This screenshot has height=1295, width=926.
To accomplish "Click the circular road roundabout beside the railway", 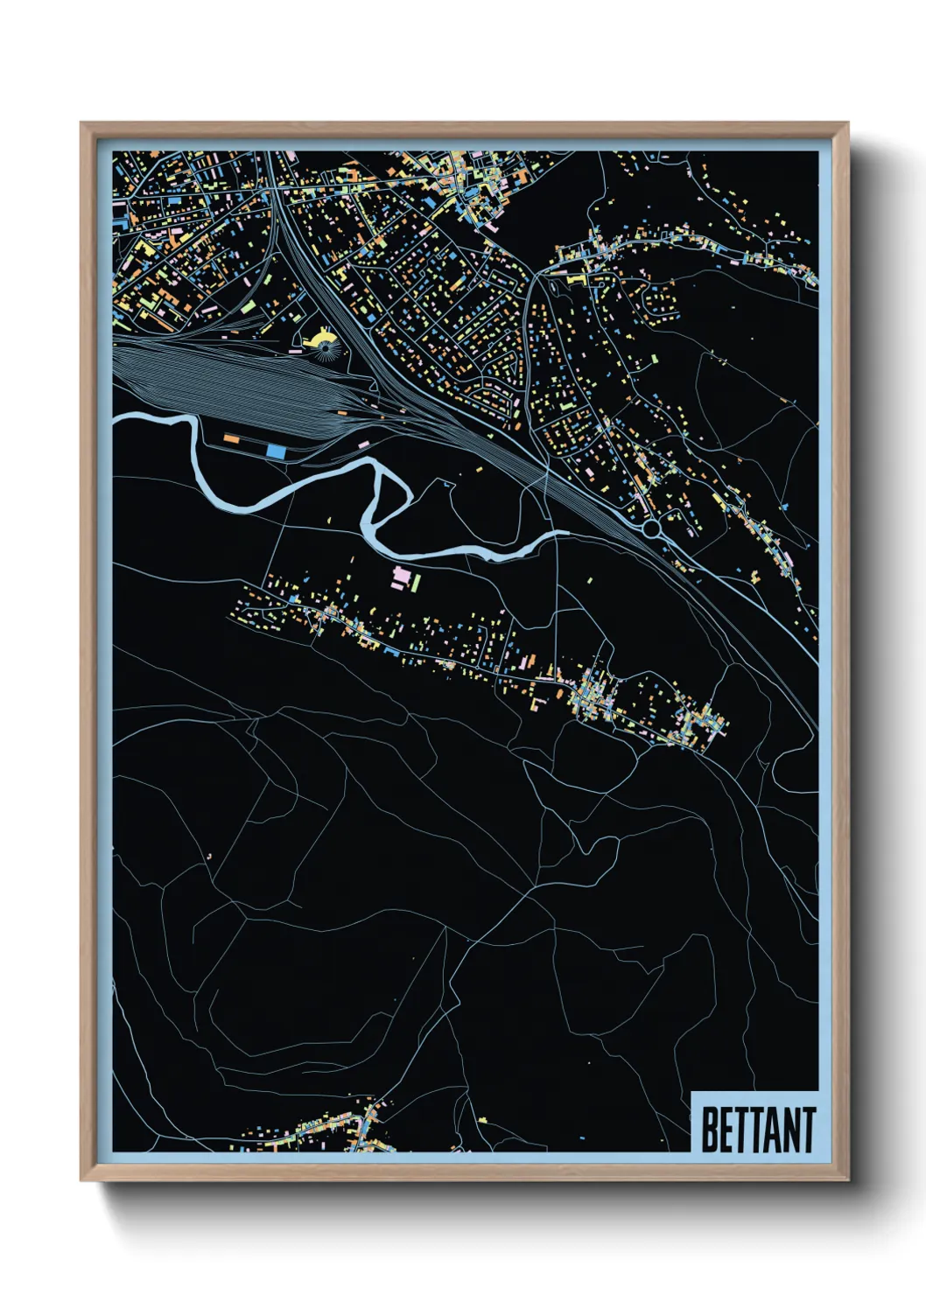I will point(651,528).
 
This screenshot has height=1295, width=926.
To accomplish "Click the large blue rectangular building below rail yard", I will point(276,451).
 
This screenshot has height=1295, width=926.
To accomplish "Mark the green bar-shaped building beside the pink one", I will point(417,581).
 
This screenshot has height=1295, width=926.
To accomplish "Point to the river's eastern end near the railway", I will point(560,533).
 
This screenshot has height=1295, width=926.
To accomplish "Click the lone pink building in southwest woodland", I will point(210,855).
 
